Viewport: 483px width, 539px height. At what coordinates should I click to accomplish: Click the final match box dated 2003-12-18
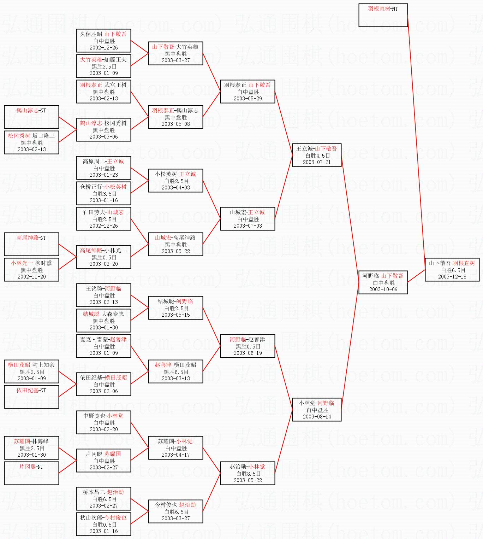(452, 270)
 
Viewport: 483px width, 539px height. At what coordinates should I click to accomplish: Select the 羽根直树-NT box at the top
(383, 15)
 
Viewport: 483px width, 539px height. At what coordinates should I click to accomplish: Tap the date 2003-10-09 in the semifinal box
(383, 289)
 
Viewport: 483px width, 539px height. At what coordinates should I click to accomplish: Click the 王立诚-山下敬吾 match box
(317, 155)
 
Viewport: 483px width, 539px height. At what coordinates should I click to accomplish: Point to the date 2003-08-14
(317, 417)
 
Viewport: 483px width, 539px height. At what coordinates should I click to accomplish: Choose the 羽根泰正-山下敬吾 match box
(248, 92)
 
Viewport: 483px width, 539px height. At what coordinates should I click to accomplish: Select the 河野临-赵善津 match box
(248, 346)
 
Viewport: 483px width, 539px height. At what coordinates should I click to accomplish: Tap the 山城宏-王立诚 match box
(248, 219)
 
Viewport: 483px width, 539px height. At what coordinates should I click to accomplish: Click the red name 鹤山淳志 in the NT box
(26, 111)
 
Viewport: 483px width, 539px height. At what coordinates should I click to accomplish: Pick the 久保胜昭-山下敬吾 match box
(103, 41)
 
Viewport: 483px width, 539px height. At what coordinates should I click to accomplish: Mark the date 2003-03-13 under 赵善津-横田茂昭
(175, 379)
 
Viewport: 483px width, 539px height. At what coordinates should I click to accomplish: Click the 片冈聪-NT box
(31, 473)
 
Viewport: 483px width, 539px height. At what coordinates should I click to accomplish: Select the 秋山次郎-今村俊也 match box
(103, 524)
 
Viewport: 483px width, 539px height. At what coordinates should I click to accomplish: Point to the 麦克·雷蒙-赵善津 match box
(103, 346)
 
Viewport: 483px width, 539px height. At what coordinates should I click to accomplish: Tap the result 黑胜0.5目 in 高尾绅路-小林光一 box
(104, 257)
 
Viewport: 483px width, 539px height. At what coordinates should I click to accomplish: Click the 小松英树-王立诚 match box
(175, 181)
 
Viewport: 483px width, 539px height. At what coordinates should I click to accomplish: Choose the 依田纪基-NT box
(31, 397)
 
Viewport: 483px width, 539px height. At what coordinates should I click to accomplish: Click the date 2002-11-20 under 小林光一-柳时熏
(31, 277)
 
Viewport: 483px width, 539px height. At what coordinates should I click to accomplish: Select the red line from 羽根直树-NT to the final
(417, 141)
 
